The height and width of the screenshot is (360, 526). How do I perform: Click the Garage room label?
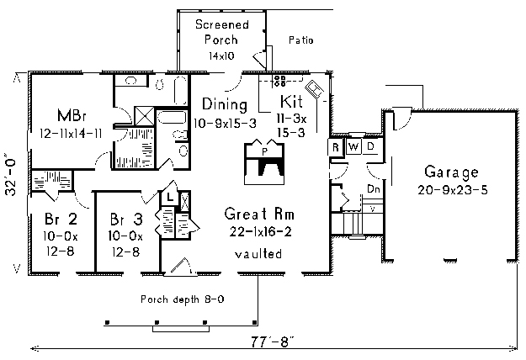coord(452,172)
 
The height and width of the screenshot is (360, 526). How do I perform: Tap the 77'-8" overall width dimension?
coord(272,342)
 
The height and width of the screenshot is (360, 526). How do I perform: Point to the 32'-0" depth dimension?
coord(11,174)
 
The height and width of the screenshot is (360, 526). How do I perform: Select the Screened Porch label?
coord(221,32)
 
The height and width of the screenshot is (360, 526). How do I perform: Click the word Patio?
coord(301,40)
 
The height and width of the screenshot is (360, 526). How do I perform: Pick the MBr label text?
coord(72,115)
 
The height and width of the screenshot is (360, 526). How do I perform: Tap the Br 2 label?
coord(61,220)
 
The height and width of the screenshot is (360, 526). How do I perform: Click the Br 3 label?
coord(126,220)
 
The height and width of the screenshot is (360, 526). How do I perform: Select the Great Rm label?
coord(259,214)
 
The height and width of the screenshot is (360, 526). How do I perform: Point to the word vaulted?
coord(258,254)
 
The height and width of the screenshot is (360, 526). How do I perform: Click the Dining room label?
coord(225,104)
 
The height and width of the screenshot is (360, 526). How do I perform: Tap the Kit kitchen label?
coord(291,102)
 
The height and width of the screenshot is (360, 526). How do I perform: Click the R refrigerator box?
coord(336,147)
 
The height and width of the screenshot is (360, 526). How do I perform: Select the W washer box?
coord(353,147)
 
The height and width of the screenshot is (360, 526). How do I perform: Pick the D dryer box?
coord(370,146)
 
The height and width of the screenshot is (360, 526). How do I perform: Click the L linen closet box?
coord(170,198)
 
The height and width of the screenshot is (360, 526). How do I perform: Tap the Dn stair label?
coord(374,189)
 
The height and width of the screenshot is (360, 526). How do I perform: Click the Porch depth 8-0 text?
coord(182,299)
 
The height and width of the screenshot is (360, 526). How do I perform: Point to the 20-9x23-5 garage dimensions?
coord(453,190)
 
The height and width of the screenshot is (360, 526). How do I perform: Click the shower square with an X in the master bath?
coord(144,116)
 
